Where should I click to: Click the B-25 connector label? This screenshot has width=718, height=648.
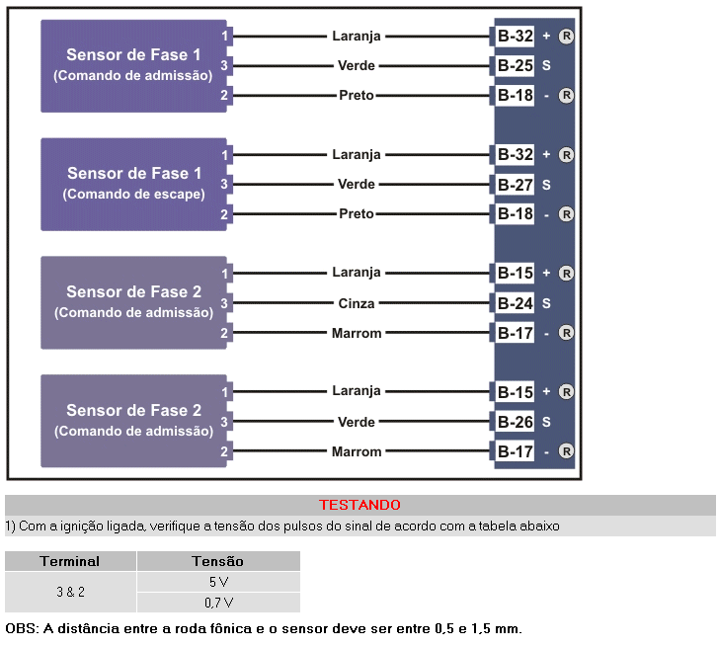(515, 66)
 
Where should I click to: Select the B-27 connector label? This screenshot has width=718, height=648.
(515, 185)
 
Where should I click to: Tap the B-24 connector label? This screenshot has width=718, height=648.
(515, 303)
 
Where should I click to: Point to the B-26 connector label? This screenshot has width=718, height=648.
(515, 422)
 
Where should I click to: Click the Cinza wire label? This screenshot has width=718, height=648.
(357, 303)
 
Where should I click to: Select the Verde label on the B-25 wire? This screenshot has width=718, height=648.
(357, 66)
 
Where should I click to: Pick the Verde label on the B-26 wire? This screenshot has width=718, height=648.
(357, 422)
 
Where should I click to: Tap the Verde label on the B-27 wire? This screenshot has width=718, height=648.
(357, 185)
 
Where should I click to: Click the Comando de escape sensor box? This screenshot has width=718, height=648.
(133, 184)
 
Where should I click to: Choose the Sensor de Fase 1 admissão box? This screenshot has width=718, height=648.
(133, 65)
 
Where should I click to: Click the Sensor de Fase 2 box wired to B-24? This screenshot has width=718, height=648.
(133, 302)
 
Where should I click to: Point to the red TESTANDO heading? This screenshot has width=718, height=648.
(359, 505)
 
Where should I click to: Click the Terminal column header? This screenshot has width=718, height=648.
(69, 561)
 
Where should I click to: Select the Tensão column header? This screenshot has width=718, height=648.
(217, 561)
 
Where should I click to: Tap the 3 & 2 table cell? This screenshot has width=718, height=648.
(69, 592)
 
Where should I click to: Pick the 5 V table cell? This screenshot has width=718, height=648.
(218, 582)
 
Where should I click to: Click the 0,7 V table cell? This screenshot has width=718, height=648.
(218, 602)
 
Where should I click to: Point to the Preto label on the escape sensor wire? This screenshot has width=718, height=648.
(357, 214)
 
